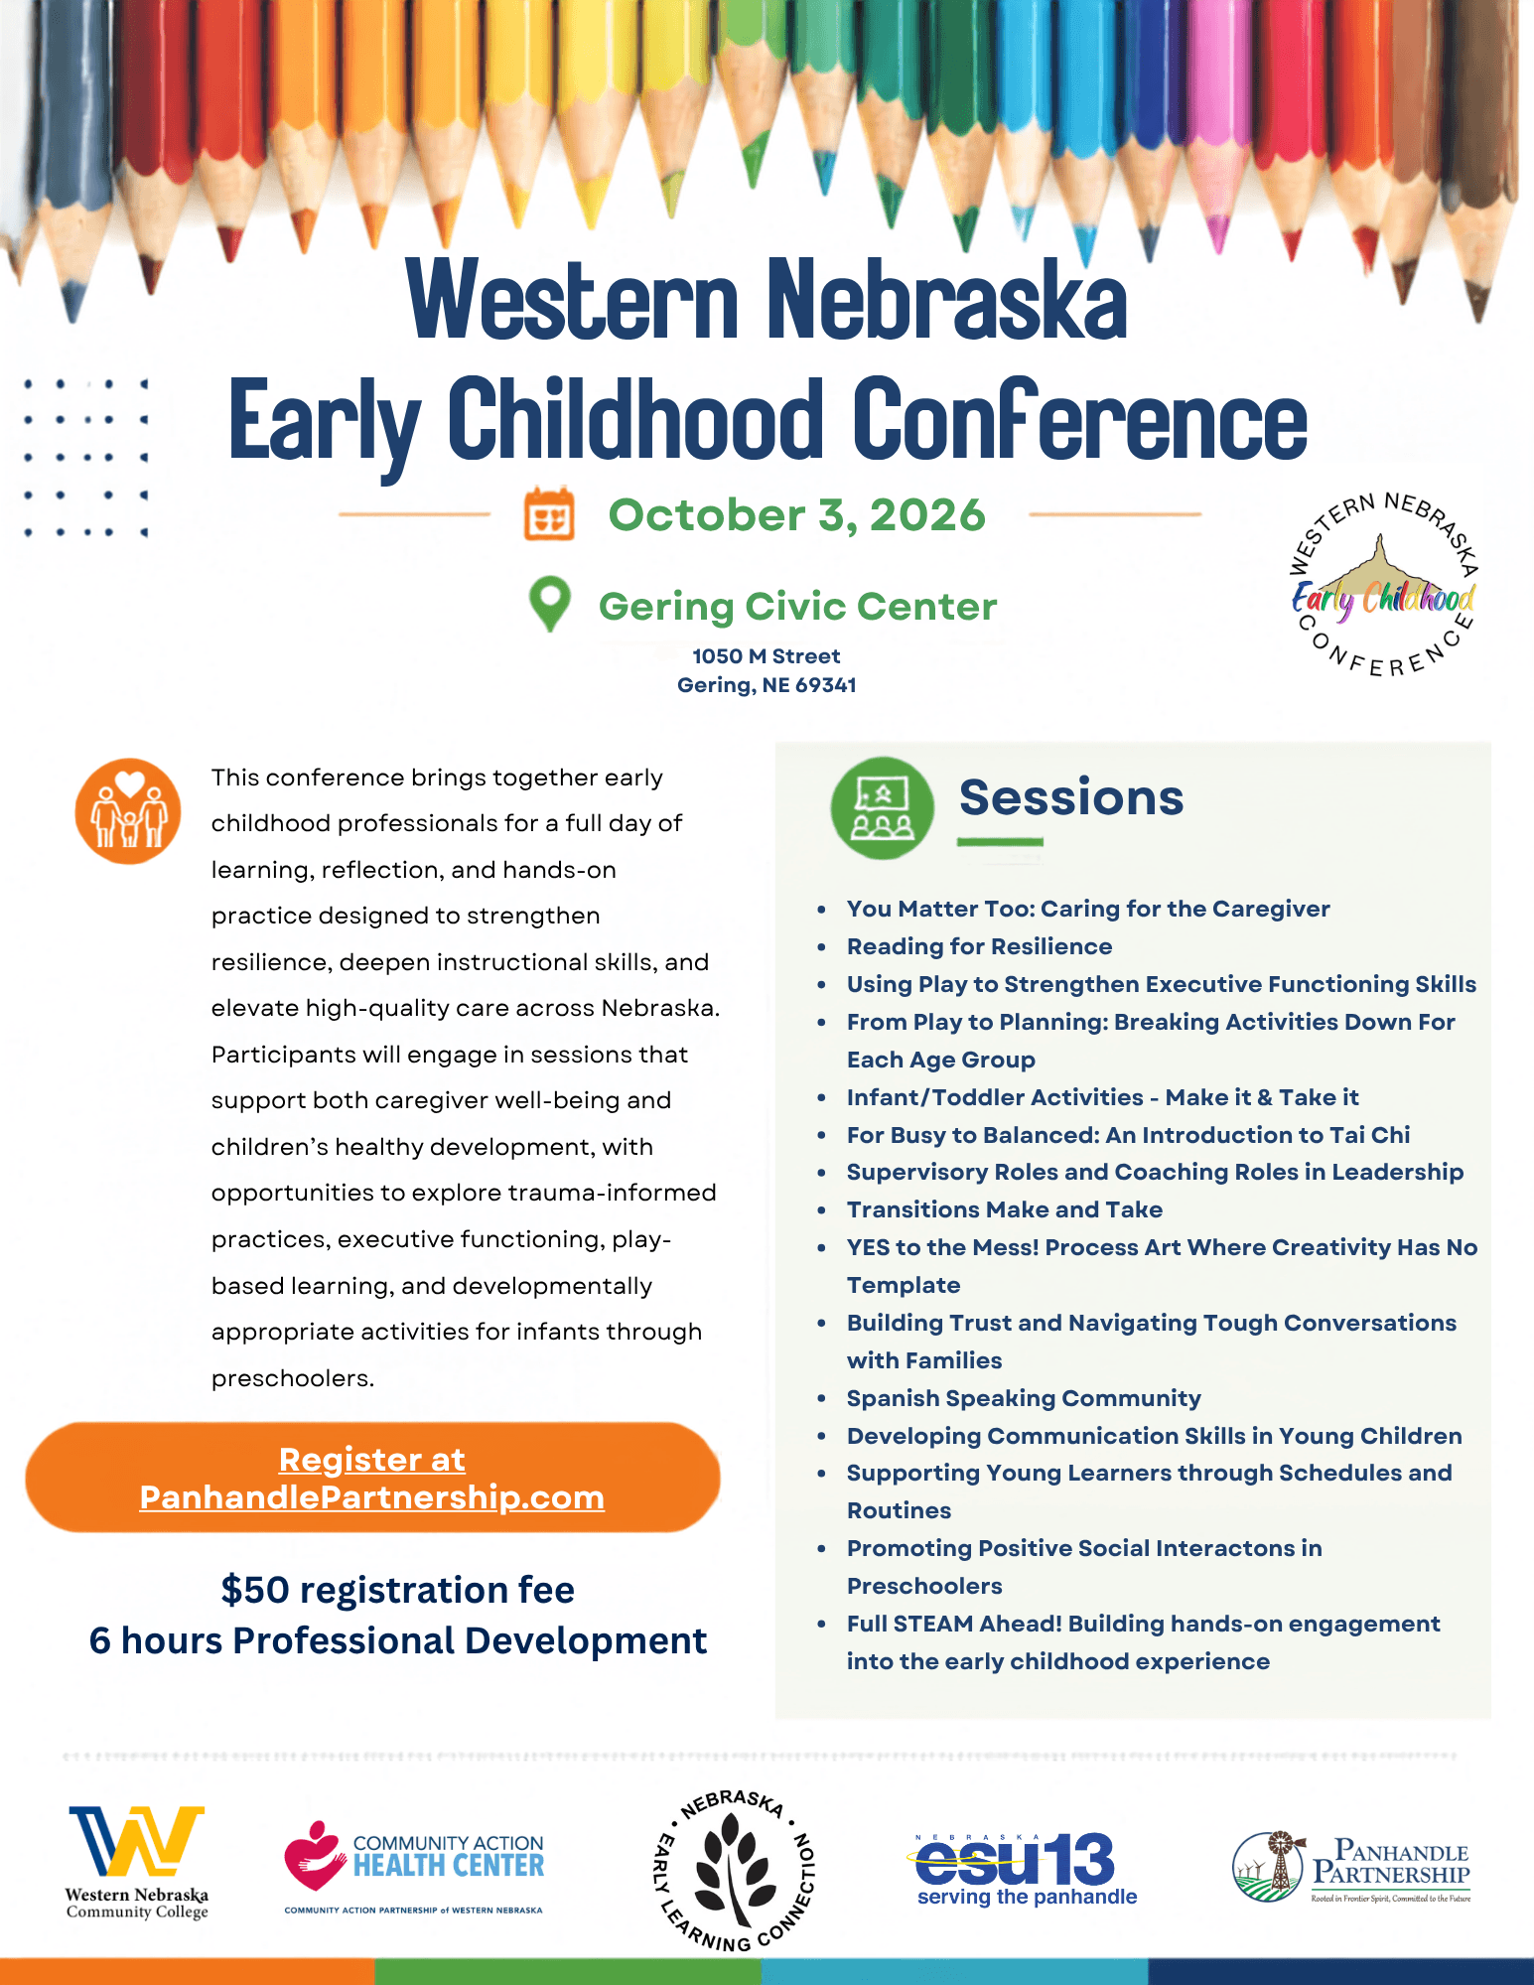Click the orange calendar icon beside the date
549,513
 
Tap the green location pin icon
550,604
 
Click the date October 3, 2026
796,515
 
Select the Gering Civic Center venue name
797,606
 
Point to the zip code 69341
825,685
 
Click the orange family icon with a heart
128,811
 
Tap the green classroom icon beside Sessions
882,808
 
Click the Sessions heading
1071,797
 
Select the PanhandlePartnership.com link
372,1497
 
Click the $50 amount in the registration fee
255,1590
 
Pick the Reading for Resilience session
979,946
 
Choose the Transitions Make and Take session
1004,1209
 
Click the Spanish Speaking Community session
1024,1398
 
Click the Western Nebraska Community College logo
137,1863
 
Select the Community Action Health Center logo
414,1867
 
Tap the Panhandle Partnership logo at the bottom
1351,1868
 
